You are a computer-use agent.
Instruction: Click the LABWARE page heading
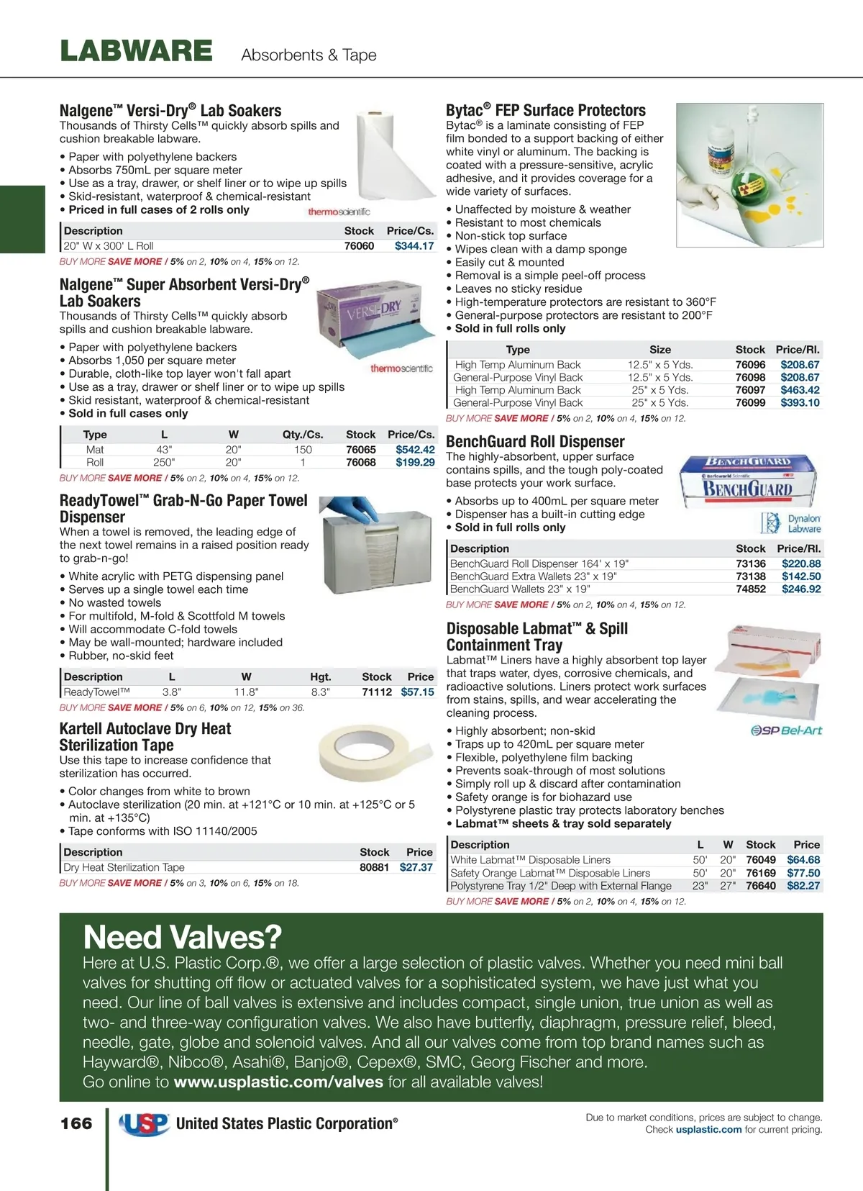[136, 51]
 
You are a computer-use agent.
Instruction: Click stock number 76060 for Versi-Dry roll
[359, 245]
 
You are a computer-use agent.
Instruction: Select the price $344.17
[414, 245]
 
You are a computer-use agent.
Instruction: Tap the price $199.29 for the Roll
[415, 462]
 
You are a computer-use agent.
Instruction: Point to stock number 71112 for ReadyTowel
[377, 692]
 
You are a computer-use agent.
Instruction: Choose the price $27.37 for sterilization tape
[416, 867]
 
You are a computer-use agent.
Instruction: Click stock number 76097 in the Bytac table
[750, 390]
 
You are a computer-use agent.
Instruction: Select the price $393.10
[800, 403]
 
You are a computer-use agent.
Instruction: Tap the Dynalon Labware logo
[790, 523]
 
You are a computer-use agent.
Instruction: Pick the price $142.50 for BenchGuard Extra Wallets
[801, 576]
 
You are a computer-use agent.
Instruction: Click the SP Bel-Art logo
[786, 730]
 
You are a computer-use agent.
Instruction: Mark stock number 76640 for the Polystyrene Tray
[760, 886]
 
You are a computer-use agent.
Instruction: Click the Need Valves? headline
[182, 937]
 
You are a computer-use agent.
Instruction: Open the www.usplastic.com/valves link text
[278, 1082]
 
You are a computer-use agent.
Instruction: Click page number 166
[76, 1123]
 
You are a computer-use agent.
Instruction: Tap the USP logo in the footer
[144, 1123]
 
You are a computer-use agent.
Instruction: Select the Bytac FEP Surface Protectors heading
[545, 110]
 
